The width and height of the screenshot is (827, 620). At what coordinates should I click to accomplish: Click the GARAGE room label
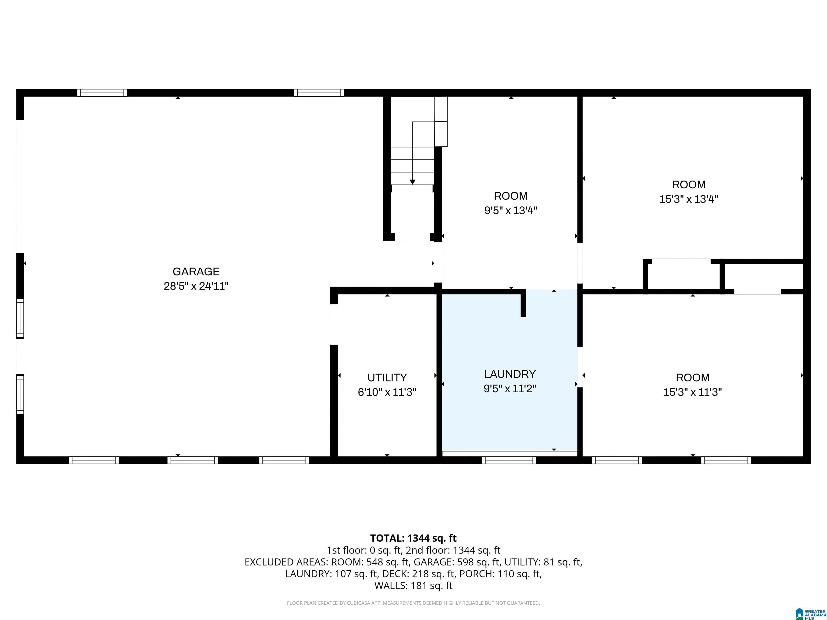pyautogui.click(x=196, y=271)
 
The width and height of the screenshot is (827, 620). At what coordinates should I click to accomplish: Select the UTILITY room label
pyautogui.click(x=387, y=378)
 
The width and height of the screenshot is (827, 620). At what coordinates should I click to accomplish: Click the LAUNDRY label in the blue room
pyautogui.click(x=510, y=374)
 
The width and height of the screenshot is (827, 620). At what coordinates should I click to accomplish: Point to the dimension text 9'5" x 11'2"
pyautogui.click(x=510, y=389)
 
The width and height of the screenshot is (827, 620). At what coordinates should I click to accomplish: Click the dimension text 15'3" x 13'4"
pyautogui.click(x=689, y=199)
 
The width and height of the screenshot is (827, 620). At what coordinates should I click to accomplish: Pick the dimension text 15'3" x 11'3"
pyautogui.click(x=692, y=392)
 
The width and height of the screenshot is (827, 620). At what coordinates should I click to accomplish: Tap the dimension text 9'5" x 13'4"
pyautogui.click(x=511, y=211)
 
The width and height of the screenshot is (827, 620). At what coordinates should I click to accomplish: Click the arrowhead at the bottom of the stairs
pyautogui.click(x=412, y=182)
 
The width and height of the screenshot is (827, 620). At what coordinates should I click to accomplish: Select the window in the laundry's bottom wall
pyautogui.click(x=509, y=460)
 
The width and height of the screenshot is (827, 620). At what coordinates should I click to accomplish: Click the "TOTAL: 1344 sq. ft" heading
pyautogui.click(x=413, y=538)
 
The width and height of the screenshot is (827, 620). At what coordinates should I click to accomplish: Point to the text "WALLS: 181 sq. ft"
pyautogui.click(x=413, y=586)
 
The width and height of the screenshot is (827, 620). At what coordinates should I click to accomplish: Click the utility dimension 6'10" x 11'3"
pyautogui.click(x=387, y=392)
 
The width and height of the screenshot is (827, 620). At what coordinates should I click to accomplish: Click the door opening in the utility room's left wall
pyautogui.click(x=334, y=324)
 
